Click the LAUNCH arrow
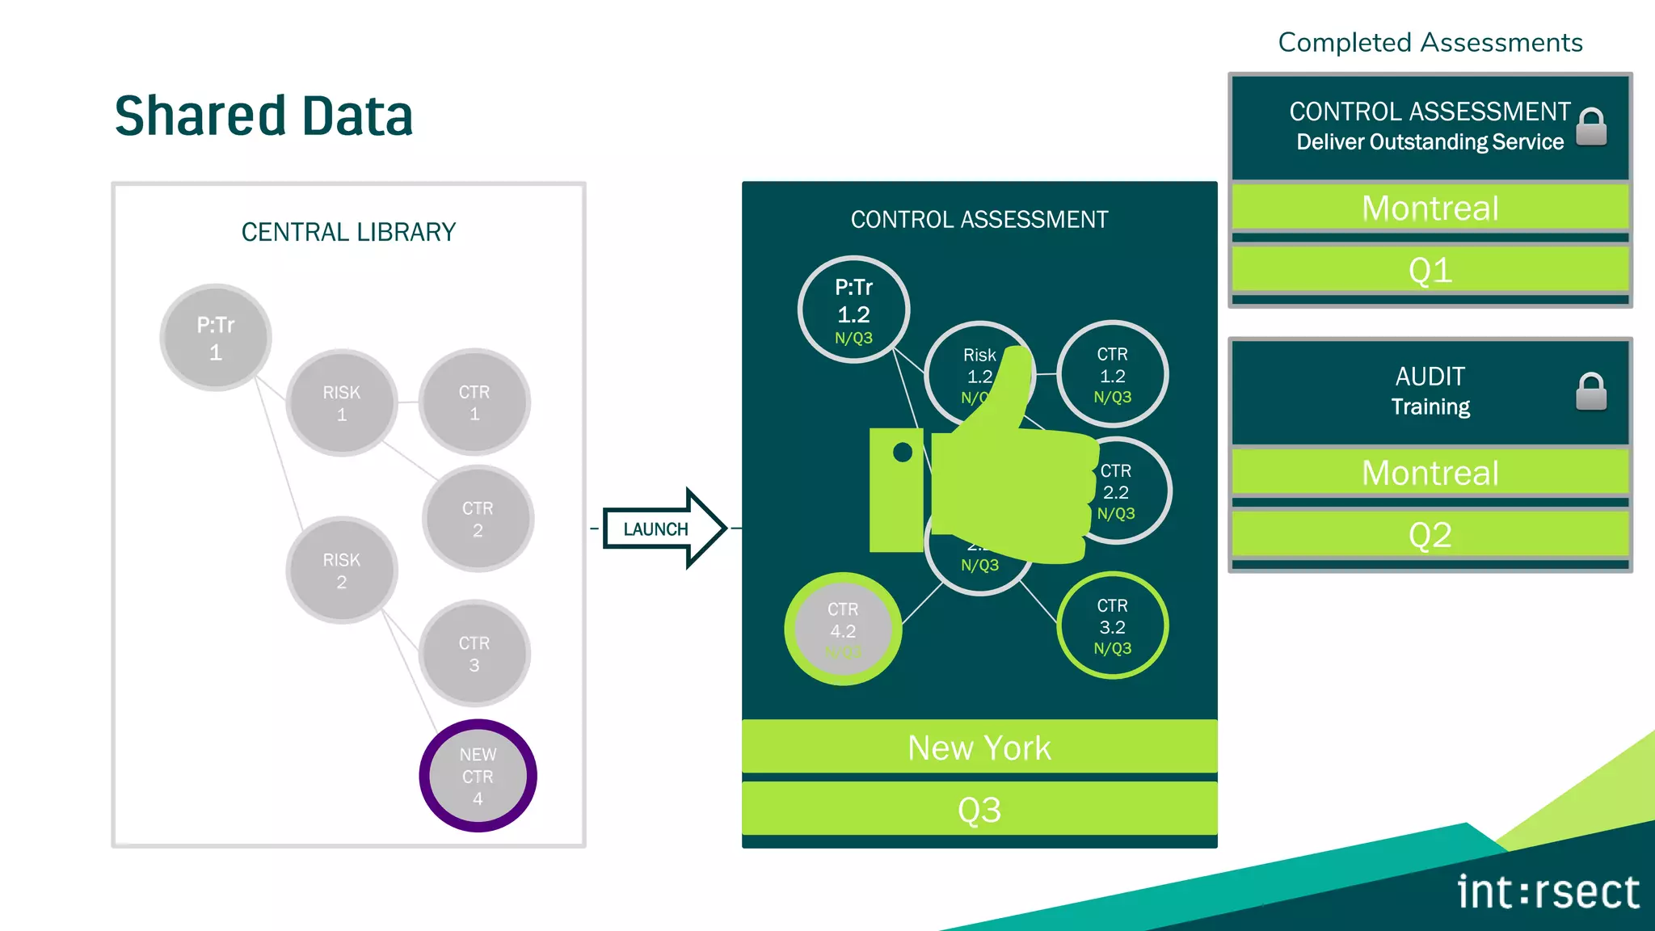(663, 529)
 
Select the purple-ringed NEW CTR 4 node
(478, 776)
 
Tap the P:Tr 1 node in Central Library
(216, 338)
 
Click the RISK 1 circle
(342, 402)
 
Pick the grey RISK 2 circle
(342, 571)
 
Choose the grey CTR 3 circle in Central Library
(474, 654)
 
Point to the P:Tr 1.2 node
(853, 310)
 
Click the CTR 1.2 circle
(1112, 375)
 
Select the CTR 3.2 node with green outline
(1112, 626)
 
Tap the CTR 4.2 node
(843, 630)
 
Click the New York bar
(979, 748)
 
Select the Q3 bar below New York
(979, 809)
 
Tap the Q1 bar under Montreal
(1430, 270)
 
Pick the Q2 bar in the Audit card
(1430, 535)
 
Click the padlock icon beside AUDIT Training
(1590, 392)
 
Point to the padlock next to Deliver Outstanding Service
(1591, 127)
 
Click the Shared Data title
(263, 116)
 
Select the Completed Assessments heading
(1430, 42)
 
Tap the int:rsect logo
(1547, 892)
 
